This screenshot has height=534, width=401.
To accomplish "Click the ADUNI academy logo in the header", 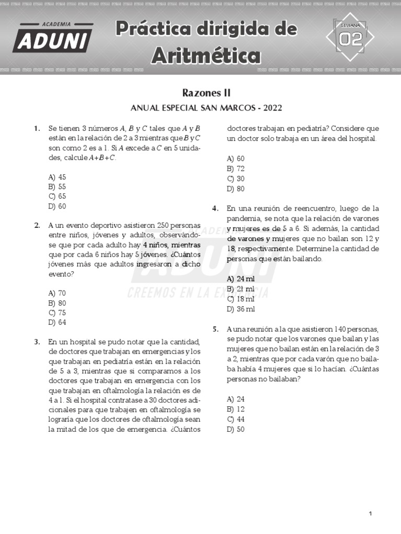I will click(52, 38).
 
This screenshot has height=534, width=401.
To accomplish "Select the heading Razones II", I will click(206, 93).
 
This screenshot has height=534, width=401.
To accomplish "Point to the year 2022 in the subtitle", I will click(273, 108).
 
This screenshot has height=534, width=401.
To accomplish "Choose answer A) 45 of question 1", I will click(57, 177).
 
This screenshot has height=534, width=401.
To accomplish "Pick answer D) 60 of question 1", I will click(57, 207).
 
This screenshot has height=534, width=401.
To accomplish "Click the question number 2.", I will click(37, 226).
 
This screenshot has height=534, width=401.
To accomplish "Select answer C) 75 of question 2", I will click(57, 313).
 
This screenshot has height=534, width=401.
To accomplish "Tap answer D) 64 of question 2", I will click(57, 322).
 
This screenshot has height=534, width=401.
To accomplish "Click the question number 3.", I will click(37, 342).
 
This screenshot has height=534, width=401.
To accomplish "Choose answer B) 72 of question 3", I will click(235, 168).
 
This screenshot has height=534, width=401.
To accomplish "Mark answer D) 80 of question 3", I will click(235, 189).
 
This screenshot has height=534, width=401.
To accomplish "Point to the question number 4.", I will click(215, 209).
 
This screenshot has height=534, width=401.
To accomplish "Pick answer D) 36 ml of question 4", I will click(241, 309).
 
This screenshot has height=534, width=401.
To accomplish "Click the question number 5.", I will click(215, 330).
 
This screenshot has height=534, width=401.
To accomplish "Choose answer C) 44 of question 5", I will click(235, 419).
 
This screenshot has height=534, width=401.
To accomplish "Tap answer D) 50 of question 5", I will click(235, 430).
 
